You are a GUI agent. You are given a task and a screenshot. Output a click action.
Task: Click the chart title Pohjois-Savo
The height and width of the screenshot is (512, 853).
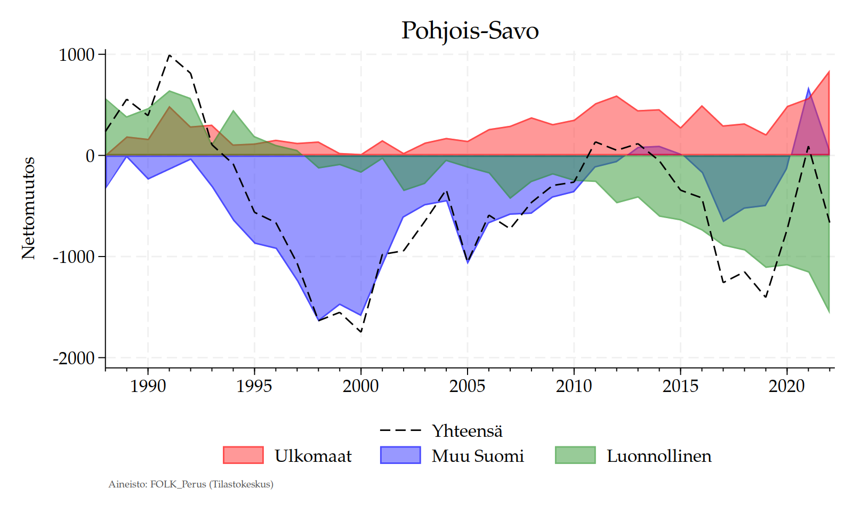tap(470, 30)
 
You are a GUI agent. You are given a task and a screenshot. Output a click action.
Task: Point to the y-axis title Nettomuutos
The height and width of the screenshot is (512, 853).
tap(28, 208)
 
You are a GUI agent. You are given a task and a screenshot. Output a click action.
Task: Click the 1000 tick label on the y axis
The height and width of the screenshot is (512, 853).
tap(76, 54)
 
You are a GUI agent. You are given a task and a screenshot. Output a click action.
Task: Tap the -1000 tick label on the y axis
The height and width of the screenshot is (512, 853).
tap(74, 257)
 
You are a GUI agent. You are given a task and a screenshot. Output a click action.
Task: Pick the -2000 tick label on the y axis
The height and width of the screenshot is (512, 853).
tap(74, 358)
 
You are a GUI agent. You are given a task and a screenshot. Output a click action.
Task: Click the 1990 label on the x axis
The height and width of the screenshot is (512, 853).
tap(148, 386)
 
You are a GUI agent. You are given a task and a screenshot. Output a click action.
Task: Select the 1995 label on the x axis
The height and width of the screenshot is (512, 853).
tap(254, 386)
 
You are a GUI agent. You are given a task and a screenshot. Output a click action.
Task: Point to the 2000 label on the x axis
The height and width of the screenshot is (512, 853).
tap(361, 386)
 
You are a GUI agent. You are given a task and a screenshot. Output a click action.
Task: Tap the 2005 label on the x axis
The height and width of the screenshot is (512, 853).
tap(468, 386)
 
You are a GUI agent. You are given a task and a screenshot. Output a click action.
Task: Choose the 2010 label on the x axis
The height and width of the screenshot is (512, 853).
tap(574, 386)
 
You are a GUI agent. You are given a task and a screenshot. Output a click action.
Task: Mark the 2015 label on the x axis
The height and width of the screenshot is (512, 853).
tap(681, 386)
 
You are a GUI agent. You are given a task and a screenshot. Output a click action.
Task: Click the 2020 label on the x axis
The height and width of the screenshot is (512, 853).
tap(787, 386)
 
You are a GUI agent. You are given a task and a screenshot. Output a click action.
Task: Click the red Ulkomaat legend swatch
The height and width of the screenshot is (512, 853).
tap(243, 455)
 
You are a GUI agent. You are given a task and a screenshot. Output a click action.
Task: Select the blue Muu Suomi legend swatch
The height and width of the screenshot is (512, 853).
tap(400, 455)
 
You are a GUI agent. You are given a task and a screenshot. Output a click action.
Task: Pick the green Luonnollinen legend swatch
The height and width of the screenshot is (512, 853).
tap(575, 455)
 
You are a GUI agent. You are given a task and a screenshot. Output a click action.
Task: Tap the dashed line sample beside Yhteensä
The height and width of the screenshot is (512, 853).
tap(400, 430)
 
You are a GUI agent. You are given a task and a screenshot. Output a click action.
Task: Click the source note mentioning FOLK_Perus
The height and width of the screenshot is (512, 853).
tap(191, 484)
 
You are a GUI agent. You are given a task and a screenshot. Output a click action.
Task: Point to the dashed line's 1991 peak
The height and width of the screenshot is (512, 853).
tap(169, 55)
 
